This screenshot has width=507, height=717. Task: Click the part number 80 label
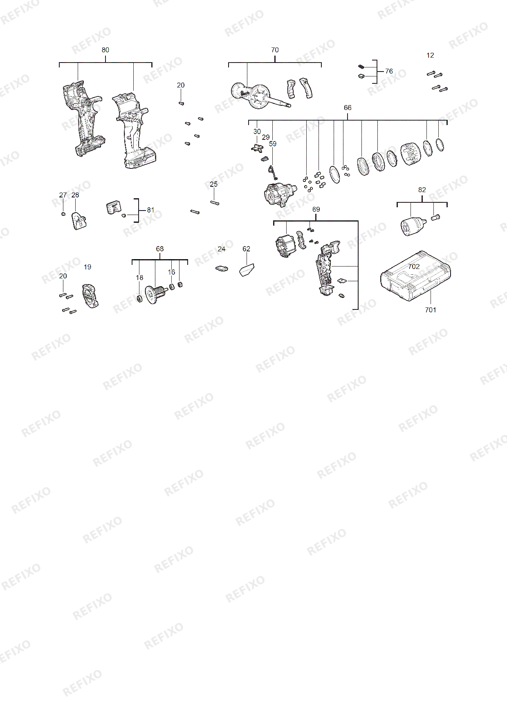point(105,50)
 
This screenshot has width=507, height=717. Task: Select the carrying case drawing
point(415,276)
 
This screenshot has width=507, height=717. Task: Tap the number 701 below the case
point(431,310)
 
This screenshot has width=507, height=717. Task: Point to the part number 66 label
point(348,108)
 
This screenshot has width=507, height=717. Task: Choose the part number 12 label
point(430,55)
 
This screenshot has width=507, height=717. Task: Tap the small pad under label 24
point(222,269)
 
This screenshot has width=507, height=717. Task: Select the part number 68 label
point(160,249)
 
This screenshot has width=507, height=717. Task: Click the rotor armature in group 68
point(156,294)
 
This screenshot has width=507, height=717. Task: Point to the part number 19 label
point(87,267)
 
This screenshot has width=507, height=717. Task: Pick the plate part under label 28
point(79,221)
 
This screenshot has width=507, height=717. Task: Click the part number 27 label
point(63,195)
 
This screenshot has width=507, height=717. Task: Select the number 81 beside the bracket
point(151,210)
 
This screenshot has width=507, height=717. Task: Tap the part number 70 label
point(275,50)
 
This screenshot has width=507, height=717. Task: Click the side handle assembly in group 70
point(260,96)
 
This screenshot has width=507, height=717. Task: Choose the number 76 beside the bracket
point(389,71)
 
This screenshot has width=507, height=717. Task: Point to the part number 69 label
point(316,209)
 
